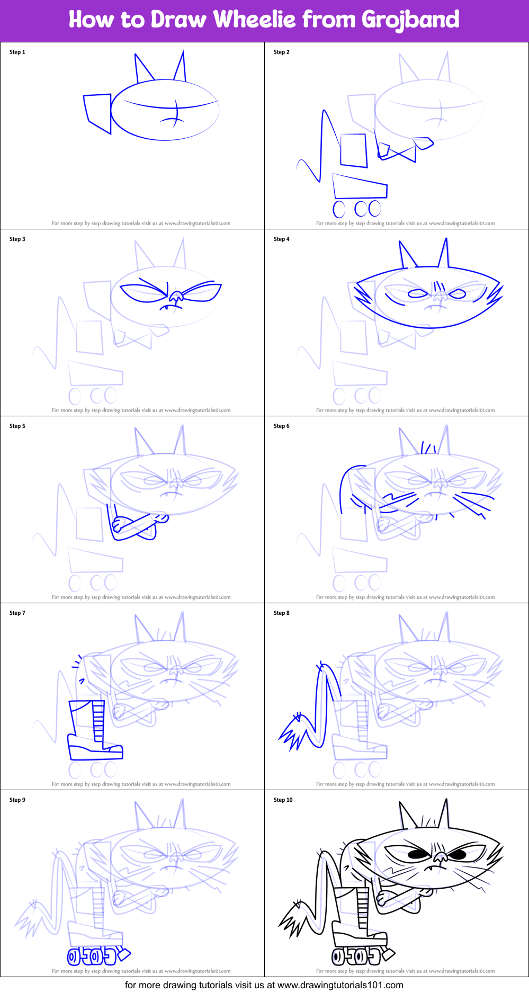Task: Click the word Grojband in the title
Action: pyautogui.click(x=410, y=20)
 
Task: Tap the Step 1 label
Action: pyautogui.click(x=17, y=52)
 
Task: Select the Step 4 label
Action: pyautogui.click(x=282, y=239)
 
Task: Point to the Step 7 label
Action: pyautogui.click(x=17, y=613)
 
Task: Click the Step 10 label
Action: pyautogui.click(x=283, y=800)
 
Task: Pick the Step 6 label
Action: pyautogui.click(x=282, y=426)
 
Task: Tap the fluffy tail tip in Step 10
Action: pyautogui.click(x=293, y=920)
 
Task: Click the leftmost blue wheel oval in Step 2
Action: pyautogui.click(x=339, y=209)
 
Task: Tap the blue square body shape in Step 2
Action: pyautogui.click(x=354, y=150)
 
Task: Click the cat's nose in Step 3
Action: pyautogui.click(x=174, y=297)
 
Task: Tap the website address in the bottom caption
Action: pyautogui.click(x=340, y=985)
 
